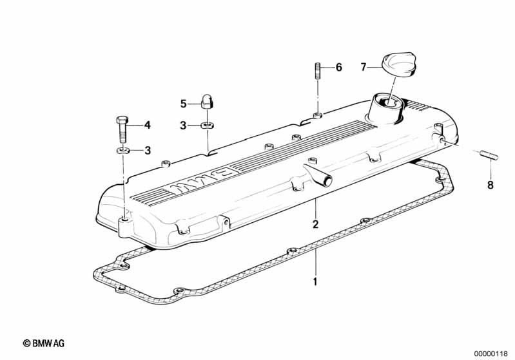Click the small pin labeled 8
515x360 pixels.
point(490,155)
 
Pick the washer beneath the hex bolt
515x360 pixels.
point(123,151)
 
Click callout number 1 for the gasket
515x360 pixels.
point(315,281)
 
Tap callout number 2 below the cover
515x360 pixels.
point(315,224)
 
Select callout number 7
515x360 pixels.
point(363,67)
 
